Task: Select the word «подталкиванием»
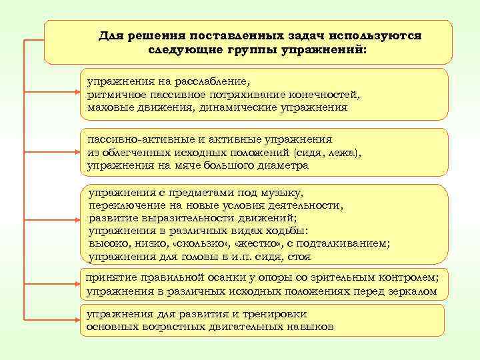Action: tap(345, 244)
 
